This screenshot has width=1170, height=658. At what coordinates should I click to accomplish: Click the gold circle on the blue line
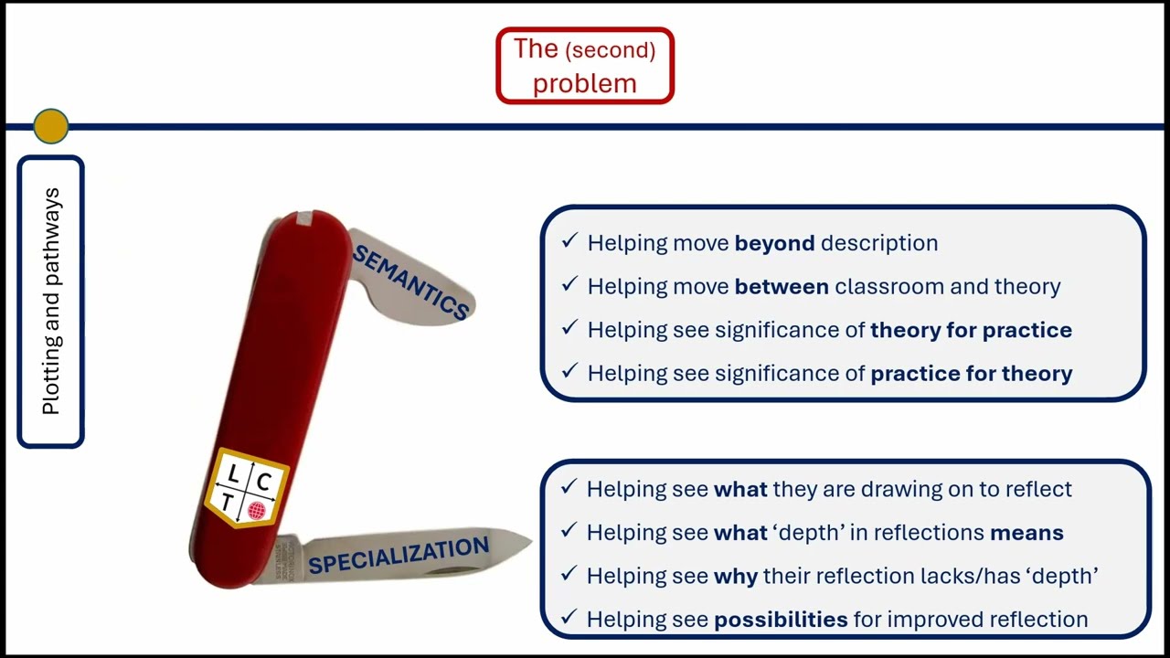pos(50,126)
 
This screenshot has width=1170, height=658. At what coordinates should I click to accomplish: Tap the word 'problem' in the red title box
pos(584,83)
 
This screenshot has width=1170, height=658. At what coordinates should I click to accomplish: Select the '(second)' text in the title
pos(610,50)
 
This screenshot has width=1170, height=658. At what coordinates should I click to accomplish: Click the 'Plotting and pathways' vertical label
pos(51,302)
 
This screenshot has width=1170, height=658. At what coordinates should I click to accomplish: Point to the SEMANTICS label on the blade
pos(410,281)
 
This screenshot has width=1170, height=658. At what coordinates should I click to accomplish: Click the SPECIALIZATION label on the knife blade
pos(399,556)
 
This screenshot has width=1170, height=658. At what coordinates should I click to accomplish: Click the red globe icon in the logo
pos(258,510)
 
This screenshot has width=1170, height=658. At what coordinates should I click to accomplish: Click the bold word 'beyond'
pos(774,243)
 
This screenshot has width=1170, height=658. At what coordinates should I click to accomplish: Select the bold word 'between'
pos(782,286)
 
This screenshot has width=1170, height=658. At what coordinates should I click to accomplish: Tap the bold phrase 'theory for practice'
pos(971,330)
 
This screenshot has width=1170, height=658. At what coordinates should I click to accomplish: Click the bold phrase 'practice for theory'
pos(971,373)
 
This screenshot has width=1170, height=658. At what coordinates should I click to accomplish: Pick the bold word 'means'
pos(1026,532)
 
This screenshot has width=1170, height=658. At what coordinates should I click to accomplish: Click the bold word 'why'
pos(735,576)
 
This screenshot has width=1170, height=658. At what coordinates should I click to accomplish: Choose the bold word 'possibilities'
pos(780,620)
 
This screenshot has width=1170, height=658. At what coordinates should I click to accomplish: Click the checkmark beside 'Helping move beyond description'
pos(569,241)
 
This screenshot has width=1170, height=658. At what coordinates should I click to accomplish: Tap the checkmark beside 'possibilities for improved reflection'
pos(569,618)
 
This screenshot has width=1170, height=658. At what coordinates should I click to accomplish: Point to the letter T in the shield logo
pos(228,504)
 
